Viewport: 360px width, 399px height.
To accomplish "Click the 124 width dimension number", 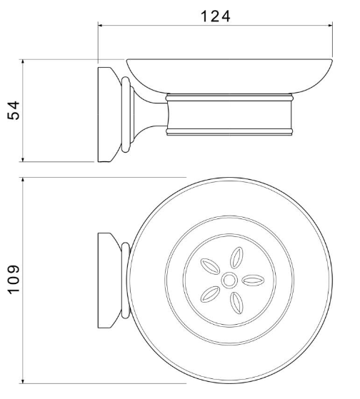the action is click(216, 16).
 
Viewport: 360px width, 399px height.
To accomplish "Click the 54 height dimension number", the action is click(14, 111).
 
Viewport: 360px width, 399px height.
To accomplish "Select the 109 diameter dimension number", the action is click(14, 280).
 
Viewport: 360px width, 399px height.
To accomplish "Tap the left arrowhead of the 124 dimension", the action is click(100, 26).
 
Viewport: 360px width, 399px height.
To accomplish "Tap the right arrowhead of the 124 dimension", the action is click(331, 26).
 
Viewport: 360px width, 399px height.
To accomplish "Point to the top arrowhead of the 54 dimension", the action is click(23, 61).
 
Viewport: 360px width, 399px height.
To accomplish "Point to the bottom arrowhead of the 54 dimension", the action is click(23, 160).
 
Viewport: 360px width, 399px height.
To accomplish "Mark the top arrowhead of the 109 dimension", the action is click(23, 180).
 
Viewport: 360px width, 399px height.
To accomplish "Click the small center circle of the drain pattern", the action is click(229, 281).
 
